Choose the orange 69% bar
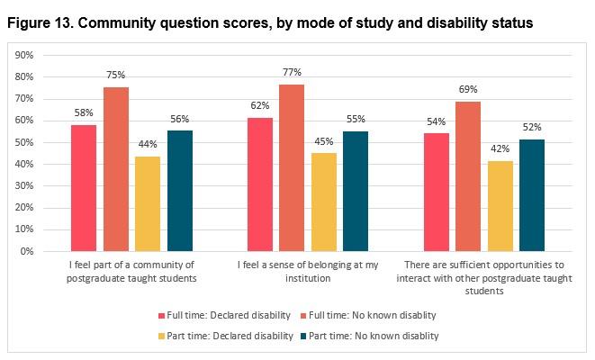(x=469, y=176)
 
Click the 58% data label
(x=84, y=114)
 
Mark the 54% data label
(x=437, y=122)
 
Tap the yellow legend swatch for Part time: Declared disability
(x=162, y=335)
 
